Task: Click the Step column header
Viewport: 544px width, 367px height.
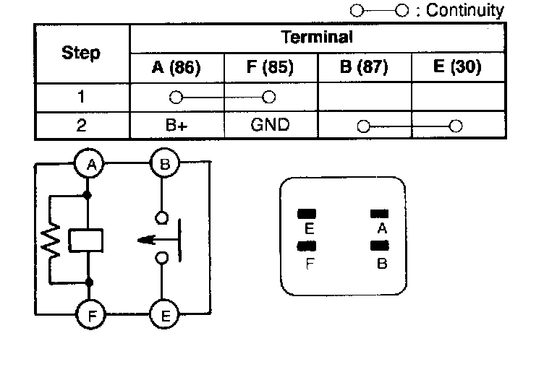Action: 81,53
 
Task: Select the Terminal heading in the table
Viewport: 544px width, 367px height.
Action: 317,37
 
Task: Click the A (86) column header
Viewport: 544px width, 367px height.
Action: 177,69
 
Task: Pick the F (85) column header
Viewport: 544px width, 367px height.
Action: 270,69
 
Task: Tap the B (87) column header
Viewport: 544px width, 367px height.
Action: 364,69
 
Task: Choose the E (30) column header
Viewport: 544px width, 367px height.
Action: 457,69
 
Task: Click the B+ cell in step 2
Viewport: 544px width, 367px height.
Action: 177,124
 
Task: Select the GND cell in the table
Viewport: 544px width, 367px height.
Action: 270,124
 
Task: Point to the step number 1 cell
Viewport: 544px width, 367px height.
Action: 81,97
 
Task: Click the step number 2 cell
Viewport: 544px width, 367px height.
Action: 81,124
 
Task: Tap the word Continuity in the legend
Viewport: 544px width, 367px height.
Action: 464,10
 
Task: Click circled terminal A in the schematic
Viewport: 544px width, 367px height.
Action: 92,165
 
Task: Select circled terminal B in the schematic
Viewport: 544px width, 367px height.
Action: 165,165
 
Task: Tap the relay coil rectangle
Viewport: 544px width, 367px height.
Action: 87,240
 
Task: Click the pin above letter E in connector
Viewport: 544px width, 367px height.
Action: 308,214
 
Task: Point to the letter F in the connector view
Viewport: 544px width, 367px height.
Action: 309,264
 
